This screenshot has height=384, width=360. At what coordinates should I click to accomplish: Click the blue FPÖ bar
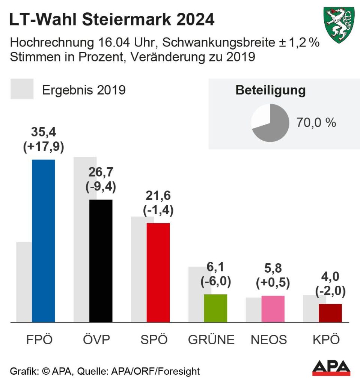(44, 240)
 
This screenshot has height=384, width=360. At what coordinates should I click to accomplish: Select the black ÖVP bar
(101, 260)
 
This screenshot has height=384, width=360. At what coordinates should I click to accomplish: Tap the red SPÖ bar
(158, 272)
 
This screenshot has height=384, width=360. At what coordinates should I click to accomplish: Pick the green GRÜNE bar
(215, 308)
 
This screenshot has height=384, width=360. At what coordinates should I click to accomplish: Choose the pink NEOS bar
(273, 308)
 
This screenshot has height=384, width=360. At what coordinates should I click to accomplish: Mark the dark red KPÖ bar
(330, 313)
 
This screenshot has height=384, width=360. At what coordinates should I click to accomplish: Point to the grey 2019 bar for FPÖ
(24, 281)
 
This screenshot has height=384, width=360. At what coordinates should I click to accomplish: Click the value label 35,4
(44, 133)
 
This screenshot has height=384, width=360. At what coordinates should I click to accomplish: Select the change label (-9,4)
(101, 186)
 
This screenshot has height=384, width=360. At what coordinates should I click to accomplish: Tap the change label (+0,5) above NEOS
(273, 282)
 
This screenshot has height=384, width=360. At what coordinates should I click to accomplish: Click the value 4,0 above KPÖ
(330, 277)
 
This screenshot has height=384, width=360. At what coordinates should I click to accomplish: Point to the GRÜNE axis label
(211, 340)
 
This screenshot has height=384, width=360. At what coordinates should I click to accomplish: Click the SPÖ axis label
(154, 340)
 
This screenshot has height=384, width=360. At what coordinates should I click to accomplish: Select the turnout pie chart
(270, 123)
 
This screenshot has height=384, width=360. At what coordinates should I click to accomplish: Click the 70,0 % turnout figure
(316, 123)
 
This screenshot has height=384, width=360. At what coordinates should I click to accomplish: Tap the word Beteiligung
(270, 90)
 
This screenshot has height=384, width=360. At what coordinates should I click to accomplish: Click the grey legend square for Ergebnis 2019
(22, 89)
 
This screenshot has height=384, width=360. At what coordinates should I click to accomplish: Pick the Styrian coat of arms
(339, 24)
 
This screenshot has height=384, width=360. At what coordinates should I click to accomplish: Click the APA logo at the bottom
(331, 368)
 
